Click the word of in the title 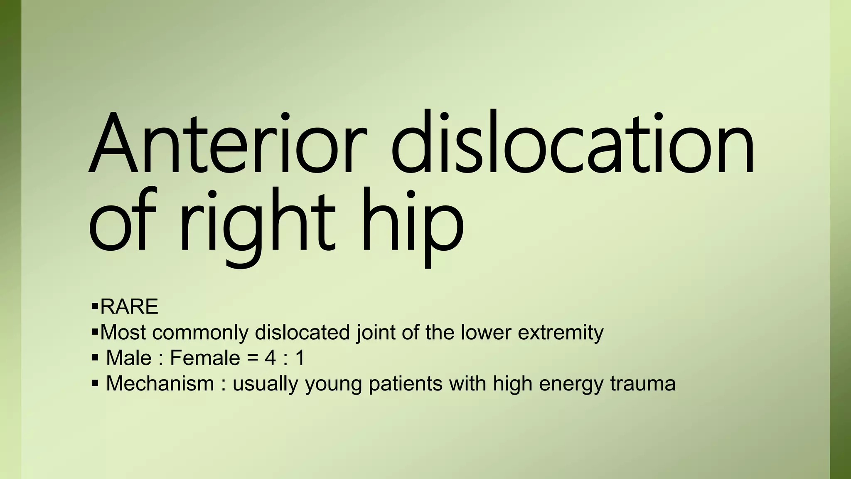pos(123,220)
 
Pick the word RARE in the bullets pos(129,307)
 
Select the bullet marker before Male pos(95,358)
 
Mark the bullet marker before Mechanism pos(95,383)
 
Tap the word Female pos(205,358)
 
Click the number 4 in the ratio pos(270,358)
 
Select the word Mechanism pos(160,383)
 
